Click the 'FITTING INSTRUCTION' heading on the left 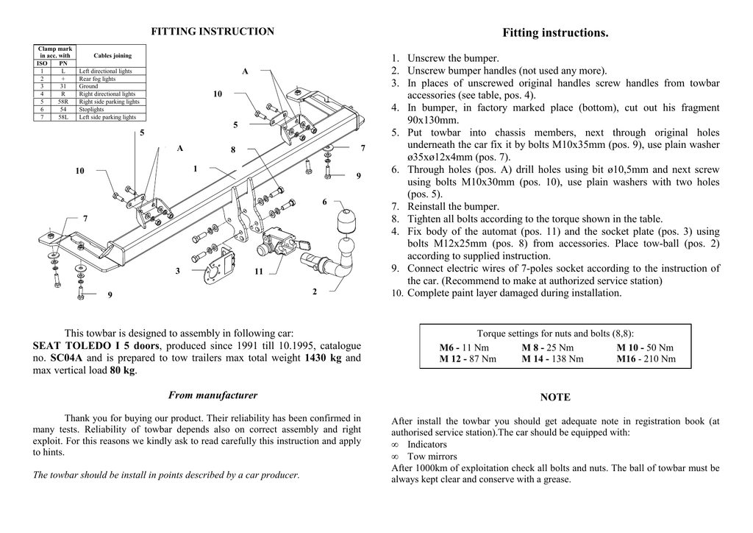click(x=213, y=32)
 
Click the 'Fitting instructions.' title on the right click(x=555, y=33)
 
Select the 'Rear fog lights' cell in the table click(x=97, y=79)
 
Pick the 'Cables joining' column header click(x=113, y=55)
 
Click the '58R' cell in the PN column click(x=63, y=102)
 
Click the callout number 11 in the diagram click(x=259, y=272)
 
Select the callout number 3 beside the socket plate click(x=178, y=271)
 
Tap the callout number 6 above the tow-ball click(x=324, y=202)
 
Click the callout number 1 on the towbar click(x=196, y=169)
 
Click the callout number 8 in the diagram click(x=233, y=149)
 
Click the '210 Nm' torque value click(x=658, y=359)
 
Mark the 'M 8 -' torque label click(x=533, y=347)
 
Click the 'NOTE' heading click(x=555, y=398)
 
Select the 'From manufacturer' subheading click(x=213, y=395)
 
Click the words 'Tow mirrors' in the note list click(x=432, y=456)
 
